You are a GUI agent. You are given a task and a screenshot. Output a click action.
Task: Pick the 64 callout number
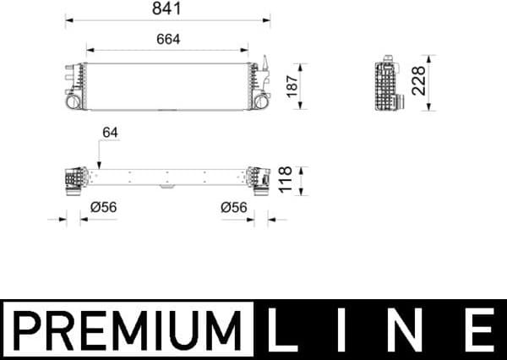110,133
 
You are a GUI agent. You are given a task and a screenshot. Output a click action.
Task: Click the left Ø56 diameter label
104,206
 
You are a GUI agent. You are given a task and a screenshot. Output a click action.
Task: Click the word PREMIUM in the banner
128,330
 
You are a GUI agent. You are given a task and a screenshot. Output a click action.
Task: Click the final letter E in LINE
481,330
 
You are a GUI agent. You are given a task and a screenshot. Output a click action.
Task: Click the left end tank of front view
75,85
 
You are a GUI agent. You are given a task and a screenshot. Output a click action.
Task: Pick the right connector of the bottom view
257,179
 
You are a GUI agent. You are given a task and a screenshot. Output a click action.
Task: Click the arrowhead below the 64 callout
99,166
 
